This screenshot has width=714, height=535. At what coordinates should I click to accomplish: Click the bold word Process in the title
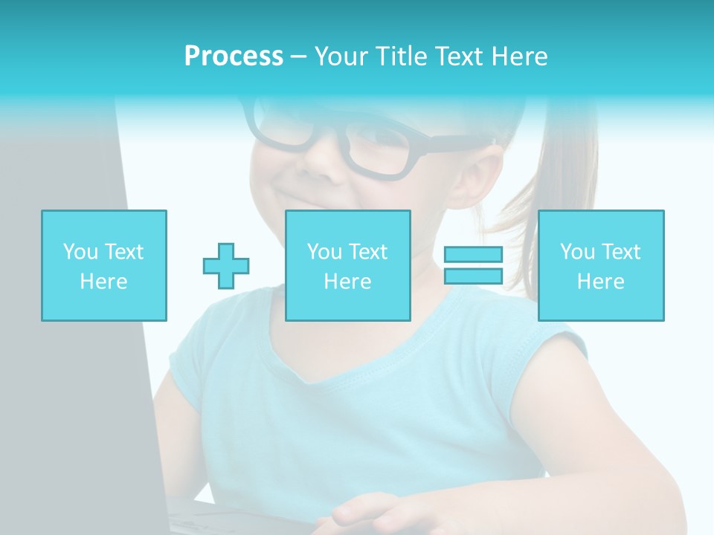tap(234, 56)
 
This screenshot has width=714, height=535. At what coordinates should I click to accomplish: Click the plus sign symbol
tap(226, 266)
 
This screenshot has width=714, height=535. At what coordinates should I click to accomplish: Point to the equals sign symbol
tap(473, 265)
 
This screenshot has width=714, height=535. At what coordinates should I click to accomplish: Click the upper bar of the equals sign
tap(473, 255)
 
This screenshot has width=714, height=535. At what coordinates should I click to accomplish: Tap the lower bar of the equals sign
tap(473, 276)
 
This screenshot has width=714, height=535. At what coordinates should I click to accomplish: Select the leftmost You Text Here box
tap(104, 265)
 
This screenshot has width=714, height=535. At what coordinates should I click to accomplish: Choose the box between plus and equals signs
tap(348, 265)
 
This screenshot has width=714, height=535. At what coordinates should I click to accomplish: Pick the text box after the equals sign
tap(601, 265)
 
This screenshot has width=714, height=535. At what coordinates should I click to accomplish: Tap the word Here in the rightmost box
tap(601, 282)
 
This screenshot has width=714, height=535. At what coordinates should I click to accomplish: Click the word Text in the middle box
tap(369, 252)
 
